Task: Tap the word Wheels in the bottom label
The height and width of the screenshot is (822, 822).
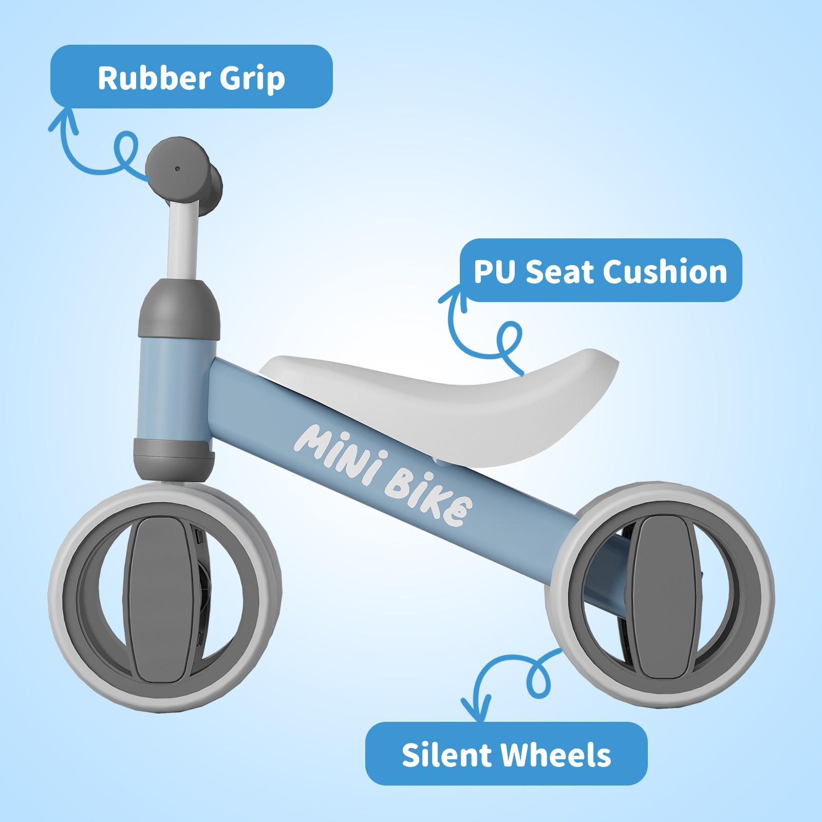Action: pyautogui.click(x=555, y=755)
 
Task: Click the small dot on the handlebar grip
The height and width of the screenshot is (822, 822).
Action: pyautogui.click(x=177, y=169)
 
